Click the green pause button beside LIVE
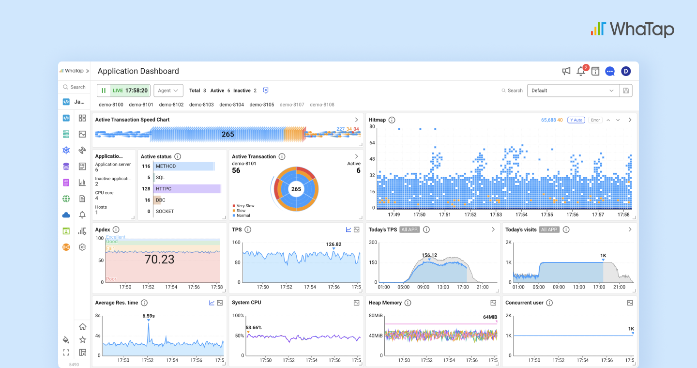pos(104,91)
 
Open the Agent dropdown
pos(168,91)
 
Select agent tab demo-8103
pos(201,105)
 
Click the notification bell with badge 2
pos(581,71)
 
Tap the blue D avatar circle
pos(626,71)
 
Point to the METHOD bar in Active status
pos(184,166)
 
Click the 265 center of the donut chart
pos(296,189)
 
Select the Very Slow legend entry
pos(245,206)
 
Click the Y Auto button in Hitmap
pos(576,120)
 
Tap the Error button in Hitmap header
pos(595,120)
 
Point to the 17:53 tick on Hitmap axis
pos(496,215)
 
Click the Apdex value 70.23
pos(159,260)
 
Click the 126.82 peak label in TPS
pos(333,244)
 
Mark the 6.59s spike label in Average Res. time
pos(149,316)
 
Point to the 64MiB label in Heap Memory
pos(490,317)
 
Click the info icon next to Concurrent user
pos(549,303)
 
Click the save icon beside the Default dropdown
pos(626,91)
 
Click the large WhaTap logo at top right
pos(632,29)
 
